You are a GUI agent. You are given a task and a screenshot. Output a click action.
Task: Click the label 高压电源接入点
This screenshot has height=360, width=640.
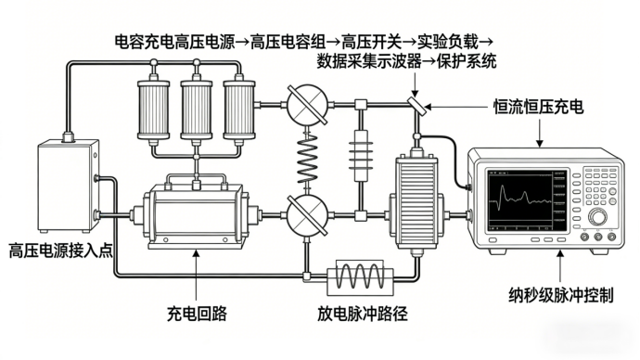click(x=61, y=251)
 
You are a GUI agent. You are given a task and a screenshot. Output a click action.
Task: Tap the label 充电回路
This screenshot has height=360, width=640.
click(x=197, y=314)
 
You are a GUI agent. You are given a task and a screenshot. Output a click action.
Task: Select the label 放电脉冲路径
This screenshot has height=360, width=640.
click(x=363, y=314)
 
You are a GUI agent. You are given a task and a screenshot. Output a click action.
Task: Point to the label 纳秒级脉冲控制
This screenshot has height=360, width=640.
click(x=561, y=295)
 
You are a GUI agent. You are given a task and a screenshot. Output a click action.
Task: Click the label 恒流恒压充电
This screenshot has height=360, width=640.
click(x=538, y=107)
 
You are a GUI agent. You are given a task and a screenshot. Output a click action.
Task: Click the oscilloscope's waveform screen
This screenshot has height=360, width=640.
click(x=527, y=200)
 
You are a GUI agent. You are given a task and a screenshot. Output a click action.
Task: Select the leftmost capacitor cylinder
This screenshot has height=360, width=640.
click(x=153, y=109)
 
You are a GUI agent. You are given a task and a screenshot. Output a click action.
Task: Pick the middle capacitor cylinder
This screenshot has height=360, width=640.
click(x=197, y=109)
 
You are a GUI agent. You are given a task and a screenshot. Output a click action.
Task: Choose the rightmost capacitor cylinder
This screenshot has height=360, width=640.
click(x=239, y=109)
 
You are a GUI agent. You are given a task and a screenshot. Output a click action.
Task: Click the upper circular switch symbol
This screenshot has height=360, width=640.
click(x=307, y=105)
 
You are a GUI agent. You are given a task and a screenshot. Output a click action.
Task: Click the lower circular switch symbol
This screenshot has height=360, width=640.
click(x=307, y=214)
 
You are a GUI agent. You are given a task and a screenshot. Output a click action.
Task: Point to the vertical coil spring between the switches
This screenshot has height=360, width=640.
click(x=307, y=160)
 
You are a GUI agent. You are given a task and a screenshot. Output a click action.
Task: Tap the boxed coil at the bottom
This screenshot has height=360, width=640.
click(x=361, y=277)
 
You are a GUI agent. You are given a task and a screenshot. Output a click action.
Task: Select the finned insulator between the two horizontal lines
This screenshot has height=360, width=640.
click(x=361, y=155)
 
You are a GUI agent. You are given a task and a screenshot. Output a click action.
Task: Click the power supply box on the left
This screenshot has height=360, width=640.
click(x=69, y=186)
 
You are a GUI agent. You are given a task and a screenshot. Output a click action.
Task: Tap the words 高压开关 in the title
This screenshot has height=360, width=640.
click(x=371, y=41)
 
